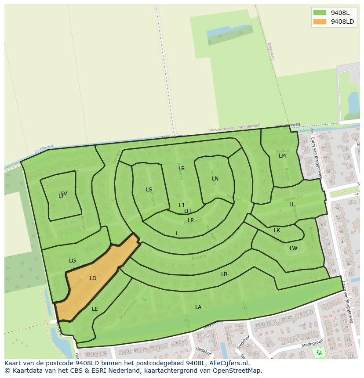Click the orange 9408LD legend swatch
320,22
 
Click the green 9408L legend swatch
320,13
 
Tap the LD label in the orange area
93,278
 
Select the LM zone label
282,156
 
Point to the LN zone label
215,179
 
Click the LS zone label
149,190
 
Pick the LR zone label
182,169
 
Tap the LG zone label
73,261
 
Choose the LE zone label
95,309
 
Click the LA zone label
198,307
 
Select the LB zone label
224,274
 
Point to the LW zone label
293,248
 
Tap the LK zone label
277,230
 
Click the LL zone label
292,205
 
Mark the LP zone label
191,220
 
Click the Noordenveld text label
249,127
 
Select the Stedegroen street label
312,345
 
